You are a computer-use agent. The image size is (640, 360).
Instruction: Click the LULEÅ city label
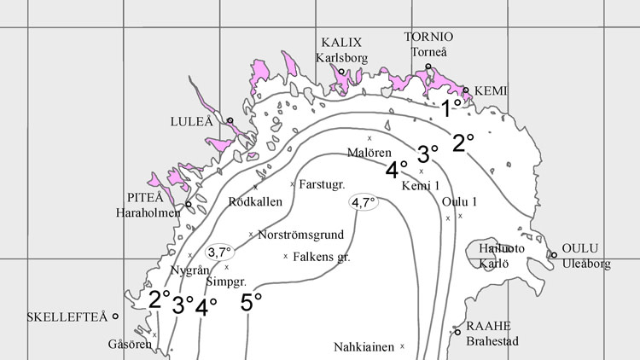click(193, 121)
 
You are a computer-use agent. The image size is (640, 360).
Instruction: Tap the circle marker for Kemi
click(465, 90)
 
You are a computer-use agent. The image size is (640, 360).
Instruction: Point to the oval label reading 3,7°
click(219, 253)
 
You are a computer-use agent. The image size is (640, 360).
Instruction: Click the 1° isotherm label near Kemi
click(451, 107)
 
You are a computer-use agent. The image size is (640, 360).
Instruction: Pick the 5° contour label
click(251, 302)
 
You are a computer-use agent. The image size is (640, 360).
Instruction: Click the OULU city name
click(580, 248)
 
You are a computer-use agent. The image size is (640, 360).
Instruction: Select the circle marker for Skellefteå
click(115, 316)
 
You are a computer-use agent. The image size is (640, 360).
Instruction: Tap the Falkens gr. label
click(322, 256)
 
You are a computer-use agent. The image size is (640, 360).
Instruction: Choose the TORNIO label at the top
click(428, 38)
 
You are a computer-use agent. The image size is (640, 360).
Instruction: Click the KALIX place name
click(341, 43)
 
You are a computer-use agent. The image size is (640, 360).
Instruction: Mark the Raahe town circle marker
click(457, 332)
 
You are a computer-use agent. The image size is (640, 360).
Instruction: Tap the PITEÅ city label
click(140, 195)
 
